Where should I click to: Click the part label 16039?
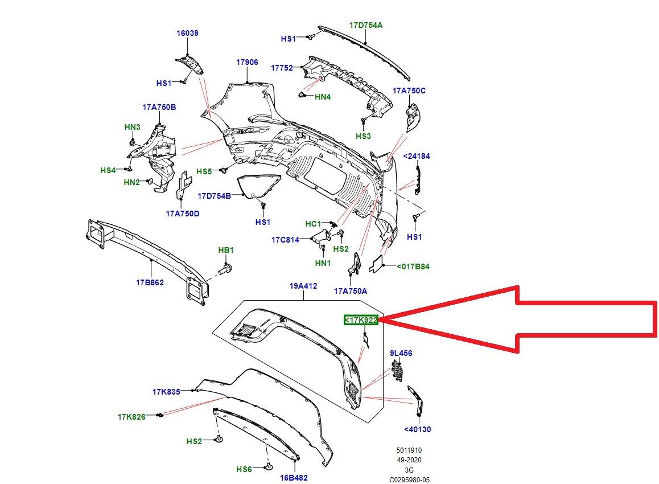click(x=187, y=34)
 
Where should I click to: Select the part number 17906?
click(x=248, y=62)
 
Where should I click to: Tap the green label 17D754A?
click(x=366, y=24)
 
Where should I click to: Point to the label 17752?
click(x=282, y=68)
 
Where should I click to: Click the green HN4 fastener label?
click(x=323, y=97)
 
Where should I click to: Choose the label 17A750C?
click(x=409, y=91)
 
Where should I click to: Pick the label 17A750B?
click(x=159, y=107)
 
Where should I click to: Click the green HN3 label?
click(x=133, y=127)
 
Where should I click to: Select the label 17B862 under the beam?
click(x=150, y=282)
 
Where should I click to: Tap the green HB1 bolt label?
click(x=226, y=250)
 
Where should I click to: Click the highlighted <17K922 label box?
click(x=361, y=320)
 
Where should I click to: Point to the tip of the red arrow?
click(x=382, y=320)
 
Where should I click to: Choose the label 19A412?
click(x=303, y=286)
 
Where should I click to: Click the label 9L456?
click(x=401, y=353)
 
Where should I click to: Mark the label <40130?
click(x=417, y=430)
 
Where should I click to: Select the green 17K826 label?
click(x=131, y=417)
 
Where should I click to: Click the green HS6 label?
click(x=244, y=469)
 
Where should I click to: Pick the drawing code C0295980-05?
click(x=410, y=480)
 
